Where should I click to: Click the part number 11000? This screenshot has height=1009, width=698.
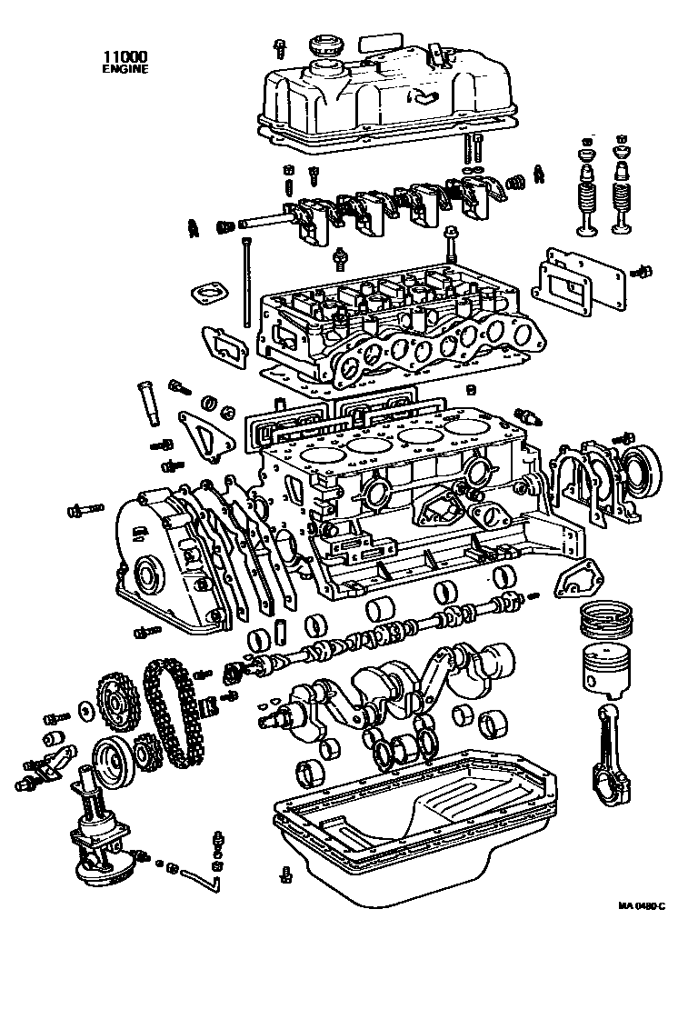124,56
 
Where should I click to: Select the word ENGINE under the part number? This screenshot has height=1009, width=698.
124,68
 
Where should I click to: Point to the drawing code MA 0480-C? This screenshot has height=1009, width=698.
642,905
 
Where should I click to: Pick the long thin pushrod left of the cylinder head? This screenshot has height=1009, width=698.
244,282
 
